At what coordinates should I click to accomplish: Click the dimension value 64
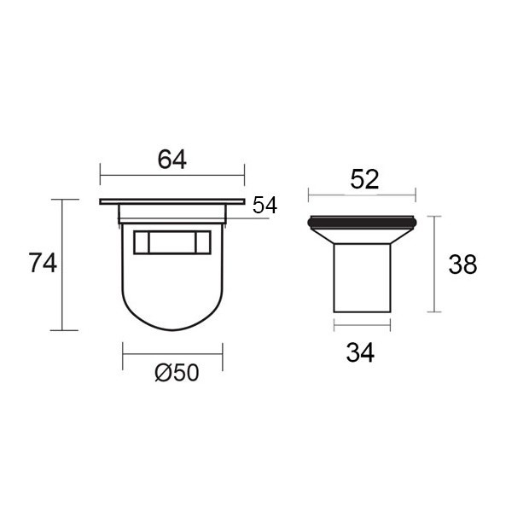point(172,160)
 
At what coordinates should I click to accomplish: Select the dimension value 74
point(43,263)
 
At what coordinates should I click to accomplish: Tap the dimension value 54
point(264,205)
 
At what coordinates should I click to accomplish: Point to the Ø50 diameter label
point(177,373)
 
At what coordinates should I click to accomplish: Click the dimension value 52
point(364,179)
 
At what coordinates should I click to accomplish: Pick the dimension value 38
point(462,264)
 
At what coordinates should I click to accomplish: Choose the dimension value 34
point(360,353)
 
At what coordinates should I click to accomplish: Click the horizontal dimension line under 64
point(172,175)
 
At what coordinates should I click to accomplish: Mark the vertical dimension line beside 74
point(62,264)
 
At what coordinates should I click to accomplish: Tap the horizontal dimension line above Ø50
point(172,354)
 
